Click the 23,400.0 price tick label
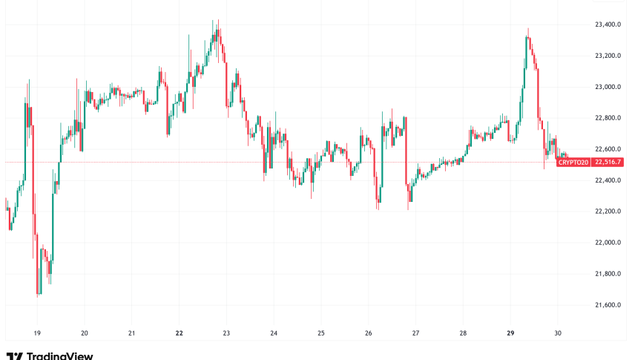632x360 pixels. (608, 24)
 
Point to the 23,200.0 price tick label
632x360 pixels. (608, 56)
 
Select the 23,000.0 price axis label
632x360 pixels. (608, 87)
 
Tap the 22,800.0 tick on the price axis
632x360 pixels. (608, 118)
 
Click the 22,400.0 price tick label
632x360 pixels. (608, 180)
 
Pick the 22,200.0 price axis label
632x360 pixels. (608, 212)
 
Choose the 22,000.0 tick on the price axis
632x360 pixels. (608, 243)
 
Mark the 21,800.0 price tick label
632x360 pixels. (608, 274)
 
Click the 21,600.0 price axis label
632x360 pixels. (608, 305)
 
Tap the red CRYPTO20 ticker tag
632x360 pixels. (573, 162)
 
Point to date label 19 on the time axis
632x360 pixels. (37, 333)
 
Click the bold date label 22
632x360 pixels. (179, 333)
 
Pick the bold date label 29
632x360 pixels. (510, 333)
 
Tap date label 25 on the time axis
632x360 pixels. (321, 333)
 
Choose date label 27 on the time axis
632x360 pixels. (415, 333)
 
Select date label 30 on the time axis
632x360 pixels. (558, 333)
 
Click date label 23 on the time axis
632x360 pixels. (226, 333)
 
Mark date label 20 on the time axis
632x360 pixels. (85, 333)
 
